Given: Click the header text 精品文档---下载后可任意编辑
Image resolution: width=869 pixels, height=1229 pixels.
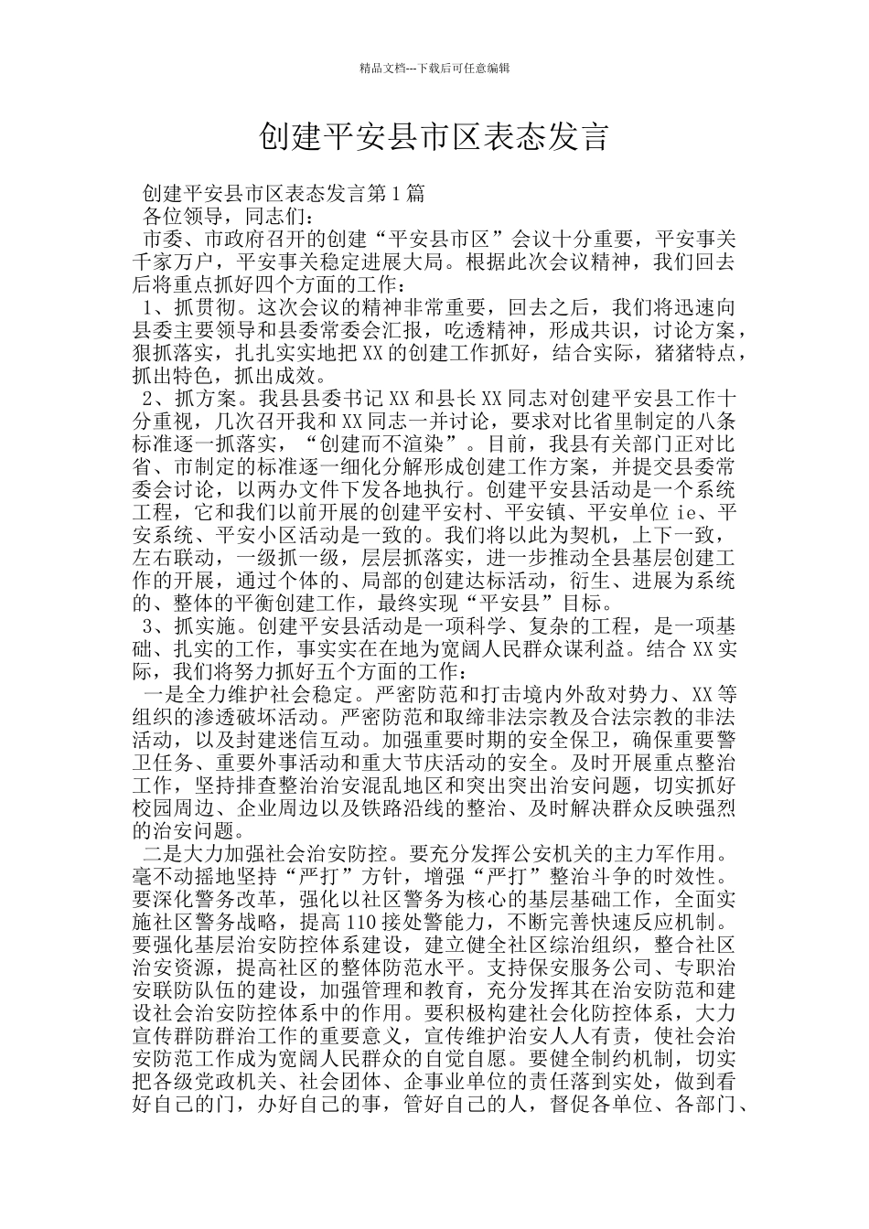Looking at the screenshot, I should [x=434, y=68].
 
